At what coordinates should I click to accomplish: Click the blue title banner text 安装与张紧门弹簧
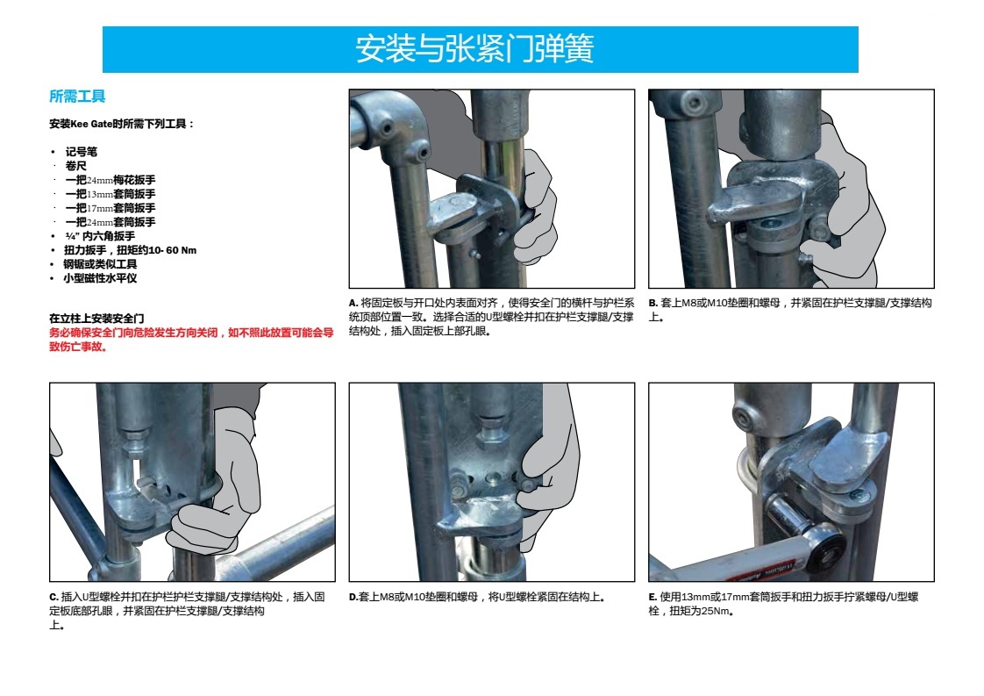click(474, 49)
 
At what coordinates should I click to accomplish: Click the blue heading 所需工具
click(77, 97)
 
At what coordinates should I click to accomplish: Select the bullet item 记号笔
click(81, 151)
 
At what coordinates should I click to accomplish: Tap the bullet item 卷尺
click(76, 166)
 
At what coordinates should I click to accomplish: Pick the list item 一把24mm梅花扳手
click(111, 180)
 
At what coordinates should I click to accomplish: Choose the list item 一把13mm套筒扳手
click(111, 194)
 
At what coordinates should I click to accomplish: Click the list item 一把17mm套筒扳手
click(111, 208)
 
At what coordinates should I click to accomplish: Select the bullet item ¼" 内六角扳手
click(100, 236)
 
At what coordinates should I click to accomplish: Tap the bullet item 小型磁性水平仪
click(100, 278)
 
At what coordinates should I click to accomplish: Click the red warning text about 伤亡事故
click(191, 339)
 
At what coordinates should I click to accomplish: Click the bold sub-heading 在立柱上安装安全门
click(96, 319)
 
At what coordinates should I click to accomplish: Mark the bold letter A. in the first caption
click(353, 303)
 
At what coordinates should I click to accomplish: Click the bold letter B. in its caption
click(652, 303)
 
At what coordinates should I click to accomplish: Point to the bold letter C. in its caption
click(54, 597)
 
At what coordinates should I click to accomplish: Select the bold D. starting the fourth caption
click(353, 597)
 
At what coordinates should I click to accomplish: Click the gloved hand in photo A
click(533, 207)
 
